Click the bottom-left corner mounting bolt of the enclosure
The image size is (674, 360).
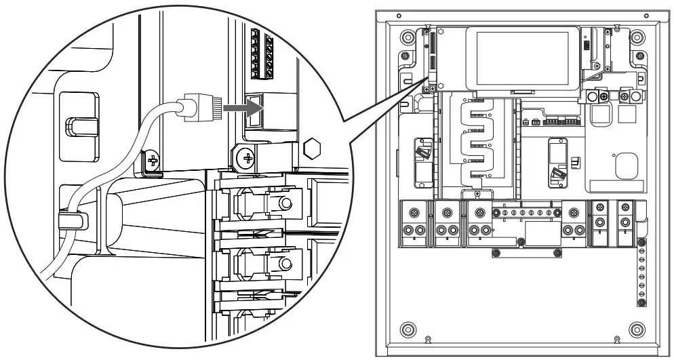click(407, 330)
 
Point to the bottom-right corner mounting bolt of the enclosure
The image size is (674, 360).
click(636, 330)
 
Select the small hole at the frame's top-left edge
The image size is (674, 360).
click(399, 15)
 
